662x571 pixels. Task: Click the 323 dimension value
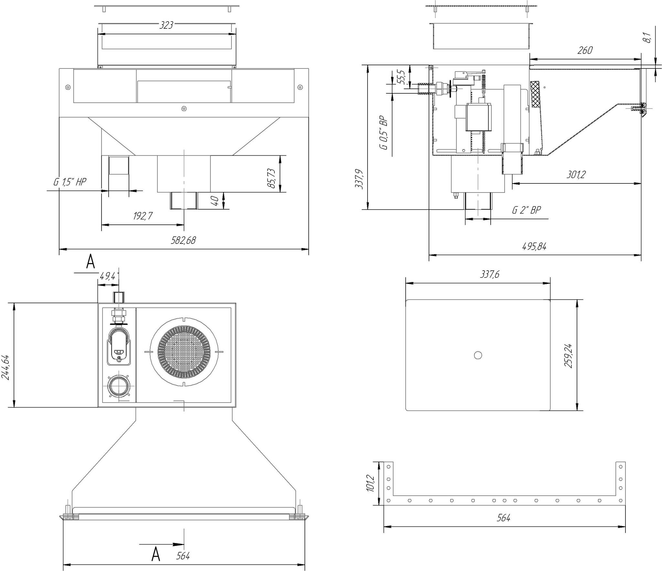click(166, 25)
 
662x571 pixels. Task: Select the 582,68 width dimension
click(183, 240)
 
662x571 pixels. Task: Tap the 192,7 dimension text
click(143, 216)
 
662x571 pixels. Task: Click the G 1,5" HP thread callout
click(70, 182)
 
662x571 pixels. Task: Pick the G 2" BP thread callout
click(526, 210)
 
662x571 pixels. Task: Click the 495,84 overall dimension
click(534, 246)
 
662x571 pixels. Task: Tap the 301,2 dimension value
click(576, 175)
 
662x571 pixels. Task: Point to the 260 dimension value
click(585, 50)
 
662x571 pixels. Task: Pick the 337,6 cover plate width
click(490, 274)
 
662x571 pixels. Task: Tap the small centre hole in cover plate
click(478, 355)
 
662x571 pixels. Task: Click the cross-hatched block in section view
click(536, 94)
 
